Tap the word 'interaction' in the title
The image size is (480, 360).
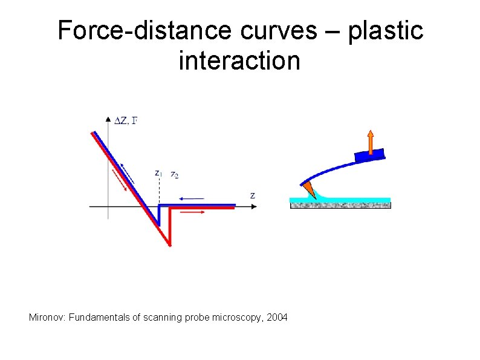[x=239, y=61]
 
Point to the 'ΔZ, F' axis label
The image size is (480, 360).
[x=126, y=121]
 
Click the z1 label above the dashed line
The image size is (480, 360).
[x=158, y=173]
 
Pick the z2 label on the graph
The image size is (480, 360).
[x=174, y=175]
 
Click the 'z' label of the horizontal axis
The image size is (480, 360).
[x=252, y=195]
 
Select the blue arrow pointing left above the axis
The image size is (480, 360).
[x=192, y=198]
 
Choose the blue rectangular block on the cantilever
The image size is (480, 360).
[x=369, y=155]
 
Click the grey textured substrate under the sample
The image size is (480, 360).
[x=340, y=205]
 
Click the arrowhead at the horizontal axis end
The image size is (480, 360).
[x=255, y=206]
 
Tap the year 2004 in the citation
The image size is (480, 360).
[x=277, y=317]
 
